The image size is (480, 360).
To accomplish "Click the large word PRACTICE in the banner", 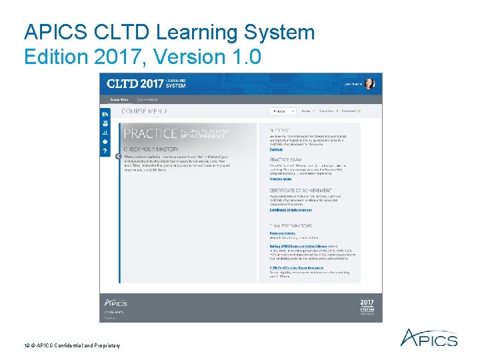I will (151, 133).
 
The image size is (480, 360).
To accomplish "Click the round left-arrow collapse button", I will (118, 157).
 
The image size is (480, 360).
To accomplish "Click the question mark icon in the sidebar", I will (105, 151).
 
